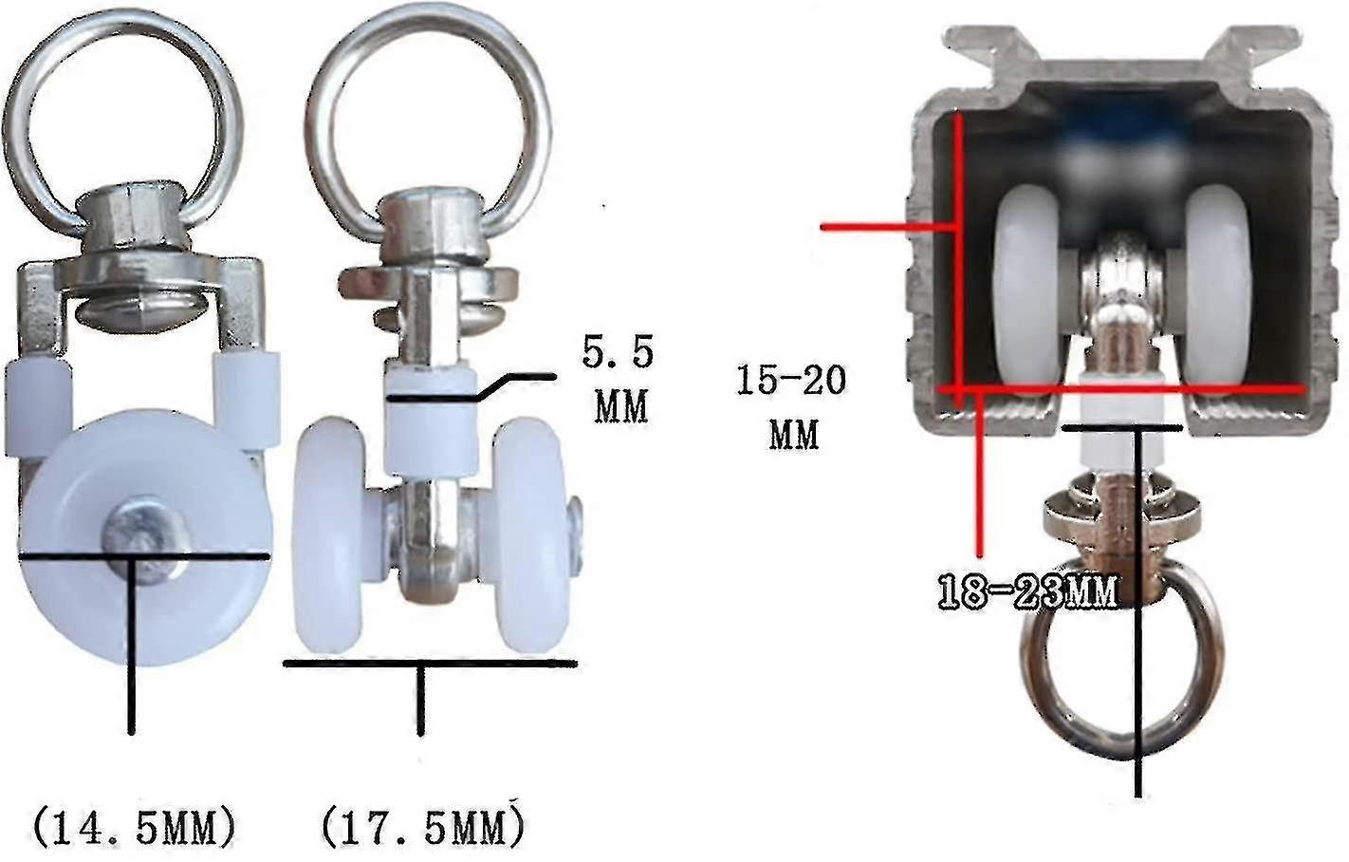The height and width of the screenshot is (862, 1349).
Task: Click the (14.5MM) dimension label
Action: pos(133,829)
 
